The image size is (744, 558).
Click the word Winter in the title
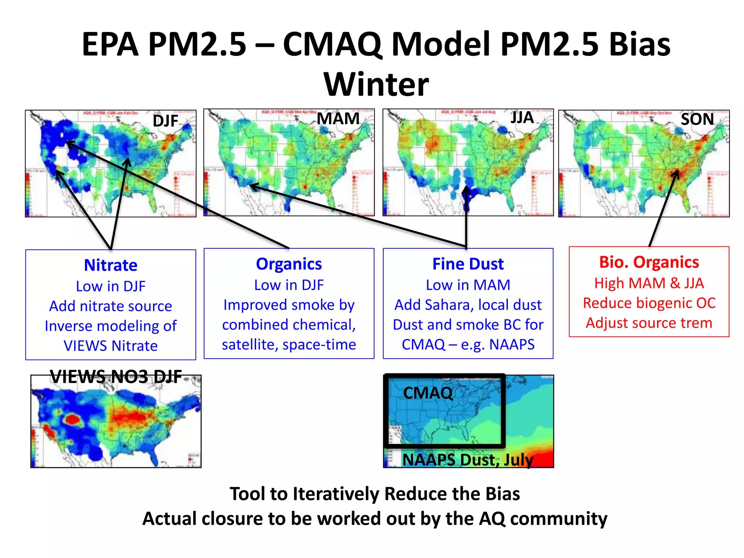tap(376, 84)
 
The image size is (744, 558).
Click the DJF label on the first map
tap(165, 121)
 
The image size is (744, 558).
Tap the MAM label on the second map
tap(338, 119)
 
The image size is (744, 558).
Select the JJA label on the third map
tap(522, 118)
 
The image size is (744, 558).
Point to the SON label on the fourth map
tap(697, 119)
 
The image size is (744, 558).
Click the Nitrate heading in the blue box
tap(111, 265)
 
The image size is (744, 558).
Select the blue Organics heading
tap(289, 264)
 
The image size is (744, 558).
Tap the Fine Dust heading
tap(468, 264)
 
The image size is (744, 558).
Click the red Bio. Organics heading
tap(649, 262)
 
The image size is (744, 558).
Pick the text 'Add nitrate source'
tap(111, 306)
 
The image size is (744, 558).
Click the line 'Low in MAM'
tap(468, 285)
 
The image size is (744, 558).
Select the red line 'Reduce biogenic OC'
tap(649, 303)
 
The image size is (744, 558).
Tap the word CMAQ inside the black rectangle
tap(428, 393)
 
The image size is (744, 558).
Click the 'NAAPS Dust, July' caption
tap(468, 460)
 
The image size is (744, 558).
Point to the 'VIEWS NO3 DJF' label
tap(116, 377)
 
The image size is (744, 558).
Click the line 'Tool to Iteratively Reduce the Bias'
tap(375, 494)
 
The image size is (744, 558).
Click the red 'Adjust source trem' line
tap(649, 323)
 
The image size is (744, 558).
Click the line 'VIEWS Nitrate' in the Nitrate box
tap(111, 346)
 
